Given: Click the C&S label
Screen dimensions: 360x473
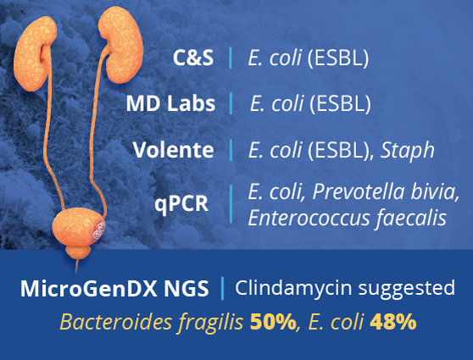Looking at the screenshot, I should coord(193,59).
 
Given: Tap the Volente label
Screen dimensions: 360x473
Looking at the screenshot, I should coord(174,151).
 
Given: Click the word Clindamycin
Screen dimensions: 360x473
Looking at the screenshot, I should coord(290,288).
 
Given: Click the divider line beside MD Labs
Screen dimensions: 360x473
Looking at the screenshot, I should coord(230,104).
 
